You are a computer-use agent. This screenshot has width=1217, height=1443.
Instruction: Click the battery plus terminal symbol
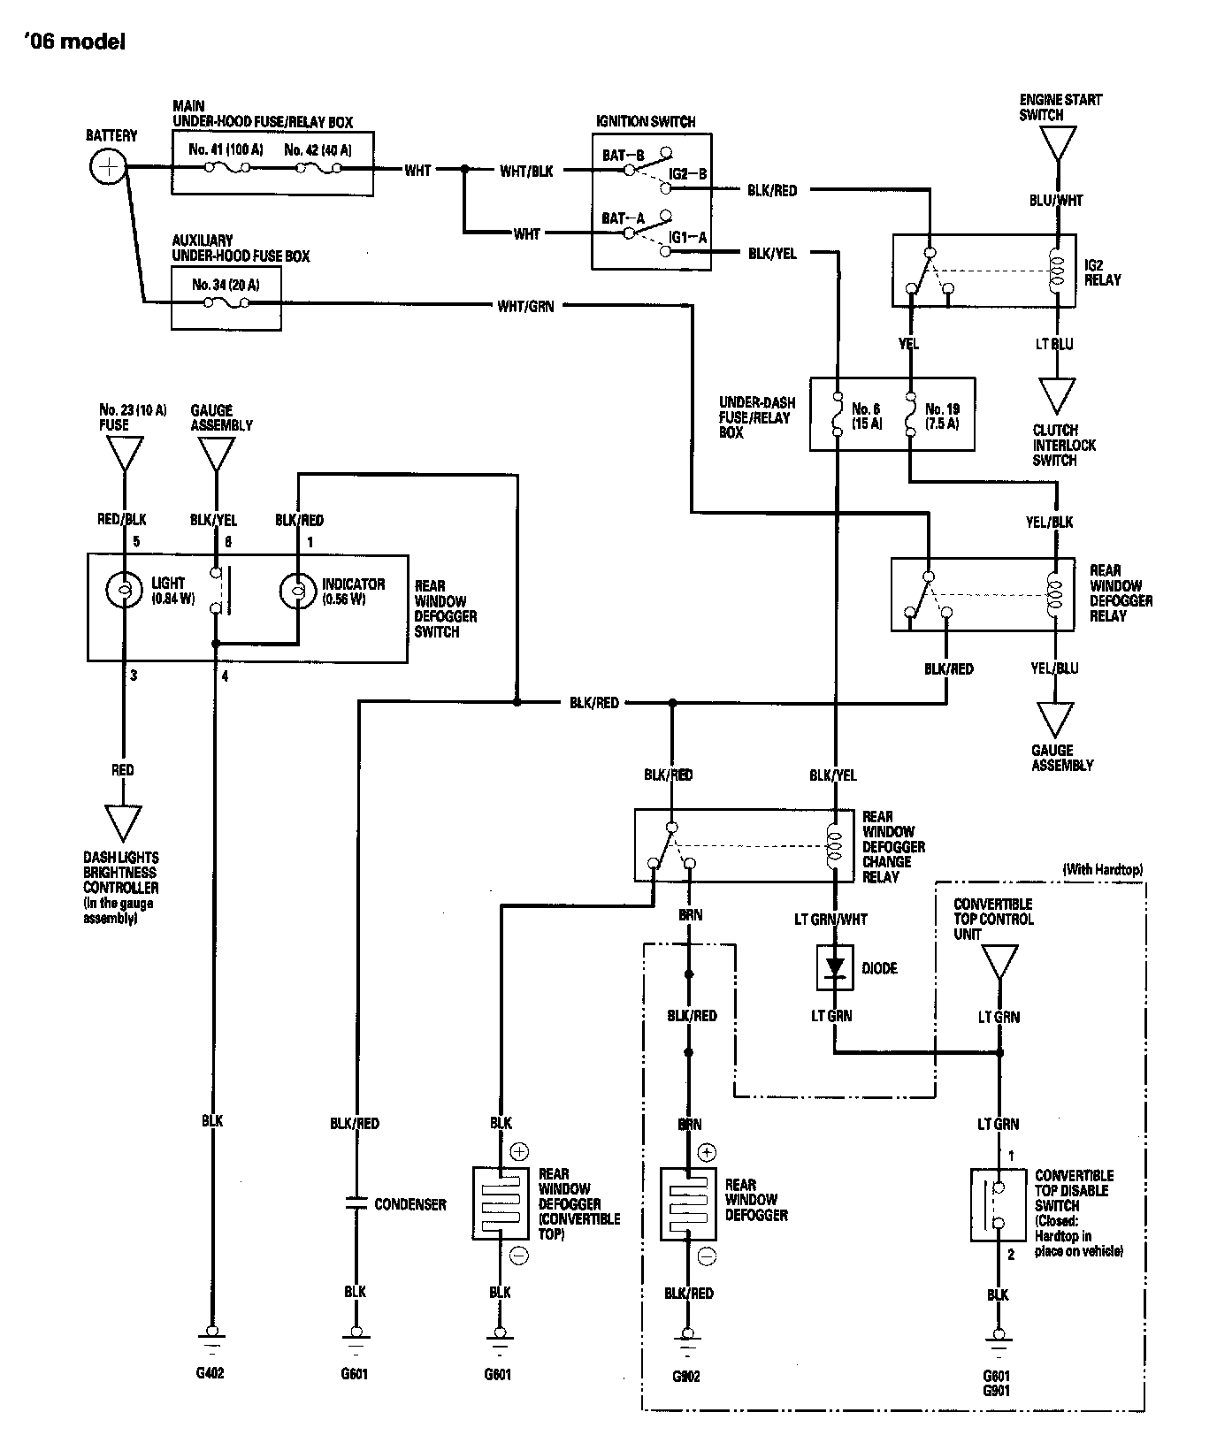point(108,167)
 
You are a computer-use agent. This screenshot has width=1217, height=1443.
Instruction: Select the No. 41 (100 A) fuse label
point(226,149)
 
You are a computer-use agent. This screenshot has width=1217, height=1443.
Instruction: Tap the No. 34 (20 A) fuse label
point(226,285)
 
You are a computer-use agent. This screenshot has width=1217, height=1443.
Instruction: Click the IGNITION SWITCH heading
point(646,121)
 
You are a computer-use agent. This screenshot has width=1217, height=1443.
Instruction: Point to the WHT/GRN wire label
point(525,307)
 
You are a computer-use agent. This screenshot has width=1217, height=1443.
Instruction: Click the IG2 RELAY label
point(1102,272)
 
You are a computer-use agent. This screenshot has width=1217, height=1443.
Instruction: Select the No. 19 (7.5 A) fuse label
point(942,416)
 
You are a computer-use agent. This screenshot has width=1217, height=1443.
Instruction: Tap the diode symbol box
point(833,968)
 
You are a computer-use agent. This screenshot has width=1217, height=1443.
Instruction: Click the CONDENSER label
point(410,1204)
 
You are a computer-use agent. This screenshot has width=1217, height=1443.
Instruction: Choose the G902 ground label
point(685,1377)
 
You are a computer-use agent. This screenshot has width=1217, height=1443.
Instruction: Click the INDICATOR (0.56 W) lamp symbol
point(298,591)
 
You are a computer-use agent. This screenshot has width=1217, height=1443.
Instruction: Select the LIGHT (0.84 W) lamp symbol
point(124,591)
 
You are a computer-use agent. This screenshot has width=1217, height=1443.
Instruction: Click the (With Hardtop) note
point(1102,870)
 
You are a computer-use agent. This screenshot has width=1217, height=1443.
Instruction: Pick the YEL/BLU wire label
point(1054,668)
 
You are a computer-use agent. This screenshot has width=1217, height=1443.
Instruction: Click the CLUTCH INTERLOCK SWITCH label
point(1064,445)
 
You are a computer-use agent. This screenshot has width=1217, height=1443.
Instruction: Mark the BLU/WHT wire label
point(1056,201)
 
